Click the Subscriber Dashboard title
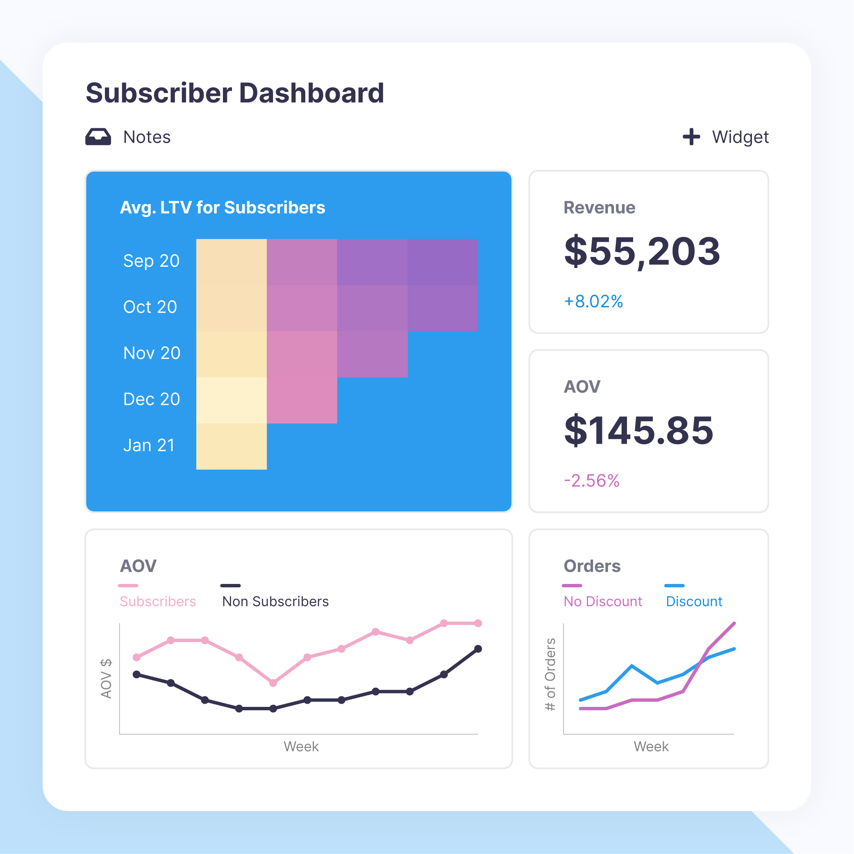(x=235, y=93)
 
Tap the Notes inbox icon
(x=98, y=137)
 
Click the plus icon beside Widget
(x=691, y=137)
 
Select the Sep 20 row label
(x=151, y=261)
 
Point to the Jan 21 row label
(x=149, y=445)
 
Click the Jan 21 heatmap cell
(x=231, y=446)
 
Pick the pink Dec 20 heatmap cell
(x=302, y=400)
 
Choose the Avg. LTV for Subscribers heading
(x=223, y=207)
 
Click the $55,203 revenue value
(x=642, y=251)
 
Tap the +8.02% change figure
(x=593, y=302)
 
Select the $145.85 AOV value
(x=639, y=430)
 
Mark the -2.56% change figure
(x=591, y=481)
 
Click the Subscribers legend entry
(x=158, y=601)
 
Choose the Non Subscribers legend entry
(x=275, y=601)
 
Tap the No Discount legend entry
(x=602, y=601)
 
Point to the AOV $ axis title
(x=107, y=679)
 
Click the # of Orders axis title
(x=550, y=675)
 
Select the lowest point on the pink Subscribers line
(x=273, y=683)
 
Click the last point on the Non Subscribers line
(x=478, y=649)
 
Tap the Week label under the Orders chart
(x=651, y=747)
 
